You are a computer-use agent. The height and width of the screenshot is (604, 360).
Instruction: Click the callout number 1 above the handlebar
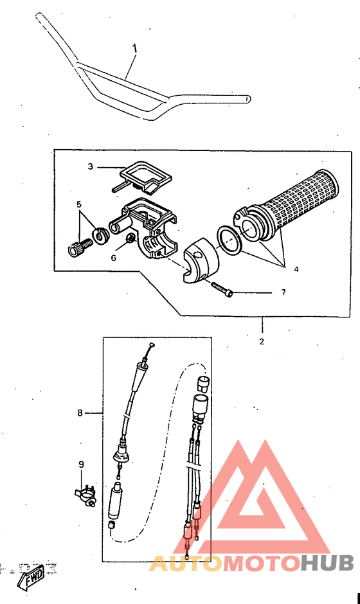click(135, 48)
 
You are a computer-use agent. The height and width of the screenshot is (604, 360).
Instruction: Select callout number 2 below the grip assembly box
click(262, 341)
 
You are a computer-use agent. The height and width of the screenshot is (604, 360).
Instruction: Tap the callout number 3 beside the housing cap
click(91, 166)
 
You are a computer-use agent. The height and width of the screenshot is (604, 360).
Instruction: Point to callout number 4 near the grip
click(296, 270)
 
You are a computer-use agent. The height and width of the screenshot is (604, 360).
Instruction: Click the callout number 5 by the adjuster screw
click(78, 205)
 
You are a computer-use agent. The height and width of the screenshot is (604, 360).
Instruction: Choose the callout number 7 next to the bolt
click(282, 292)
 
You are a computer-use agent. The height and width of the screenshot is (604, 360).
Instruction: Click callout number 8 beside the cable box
click(80, 413)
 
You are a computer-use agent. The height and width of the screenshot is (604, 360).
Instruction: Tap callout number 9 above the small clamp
click(81, 464)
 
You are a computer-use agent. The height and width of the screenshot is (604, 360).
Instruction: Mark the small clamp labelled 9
click(85, 495)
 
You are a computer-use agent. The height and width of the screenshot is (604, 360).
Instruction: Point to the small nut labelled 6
click(129, 240)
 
